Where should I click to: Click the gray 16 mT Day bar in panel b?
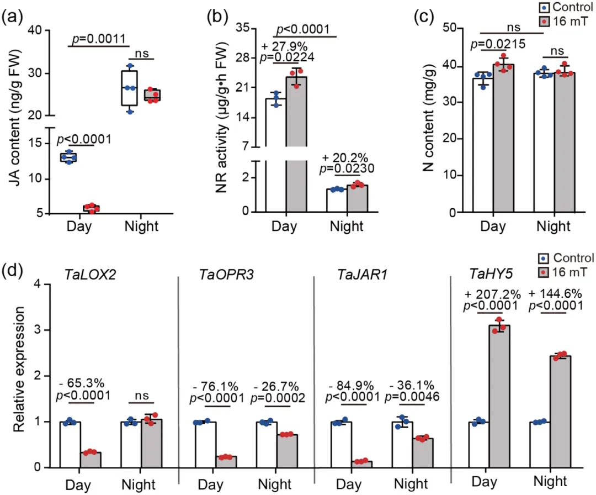pyautogui.click(x=296, y=144)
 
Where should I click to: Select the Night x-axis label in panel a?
pyautogui.click(x=141, y=227)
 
